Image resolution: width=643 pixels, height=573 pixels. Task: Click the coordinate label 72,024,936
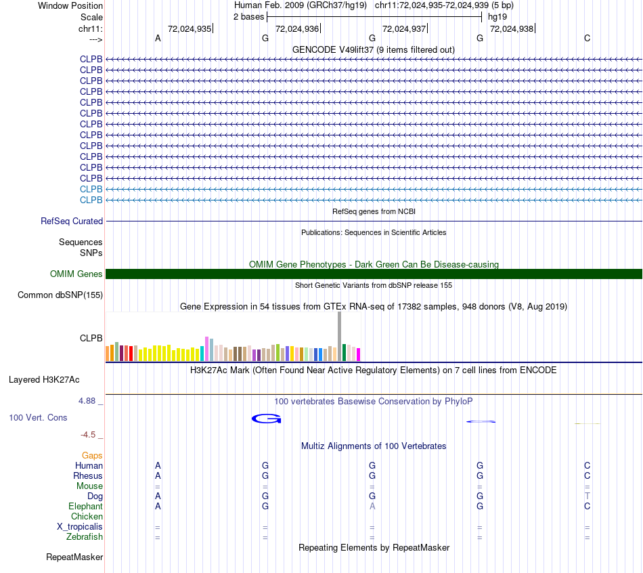297,29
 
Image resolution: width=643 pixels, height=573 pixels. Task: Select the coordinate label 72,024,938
512,29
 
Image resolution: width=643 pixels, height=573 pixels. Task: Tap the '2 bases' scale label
248,16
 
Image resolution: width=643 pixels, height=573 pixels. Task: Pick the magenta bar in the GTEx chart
359,354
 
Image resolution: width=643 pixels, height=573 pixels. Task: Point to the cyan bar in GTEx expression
202,353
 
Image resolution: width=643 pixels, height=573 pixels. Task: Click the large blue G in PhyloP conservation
266,419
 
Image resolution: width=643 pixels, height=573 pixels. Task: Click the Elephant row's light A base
372,506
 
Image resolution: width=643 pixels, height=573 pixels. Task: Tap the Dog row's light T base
587,496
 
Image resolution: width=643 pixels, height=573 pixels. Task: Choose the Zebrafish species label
85,537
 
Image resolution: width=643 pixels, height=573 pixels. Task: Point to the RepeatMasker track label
74,557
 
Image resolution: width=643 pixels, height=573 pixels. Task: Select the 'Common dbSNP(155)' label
60,295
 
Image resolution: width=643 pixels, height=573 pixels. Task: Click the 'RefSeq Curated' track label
72,221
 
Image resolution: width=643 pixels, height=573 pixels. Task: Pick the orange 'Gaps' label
92,456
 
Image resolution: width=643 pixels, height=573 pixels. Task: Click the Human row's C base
587,465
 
